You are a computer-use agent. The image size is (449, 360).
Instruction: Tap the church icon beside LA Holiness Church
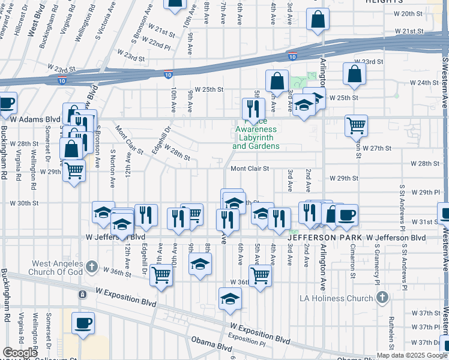pyautogui.click(x=382, y=298)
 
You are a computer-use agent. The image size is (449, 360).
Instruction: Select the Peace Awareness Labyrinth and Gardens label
pyautogui.click(x=256, y=137)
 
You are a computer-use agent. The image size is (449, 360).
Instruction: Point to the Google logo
pyautogui.click(x=20, y=353)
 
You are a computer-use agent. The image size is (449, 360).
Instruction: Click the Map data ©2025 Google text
pyautogui.click(x=412, y=355)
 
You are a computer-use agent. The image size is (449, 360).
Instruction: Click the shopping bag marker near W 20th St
pyautogui.click(x=318, y=19)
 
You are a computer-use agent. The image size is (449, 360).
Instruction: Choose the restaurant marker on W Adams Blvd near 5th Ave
pyautogui.click(x=253, y=109)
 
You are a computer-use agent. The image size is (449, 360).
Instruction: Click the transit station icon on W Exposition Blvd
pyautogui.click(x=82, y=294)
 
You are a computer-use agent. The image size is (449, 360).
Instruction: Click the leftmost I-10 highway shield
pyautogui.click(x=62, y=80)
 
